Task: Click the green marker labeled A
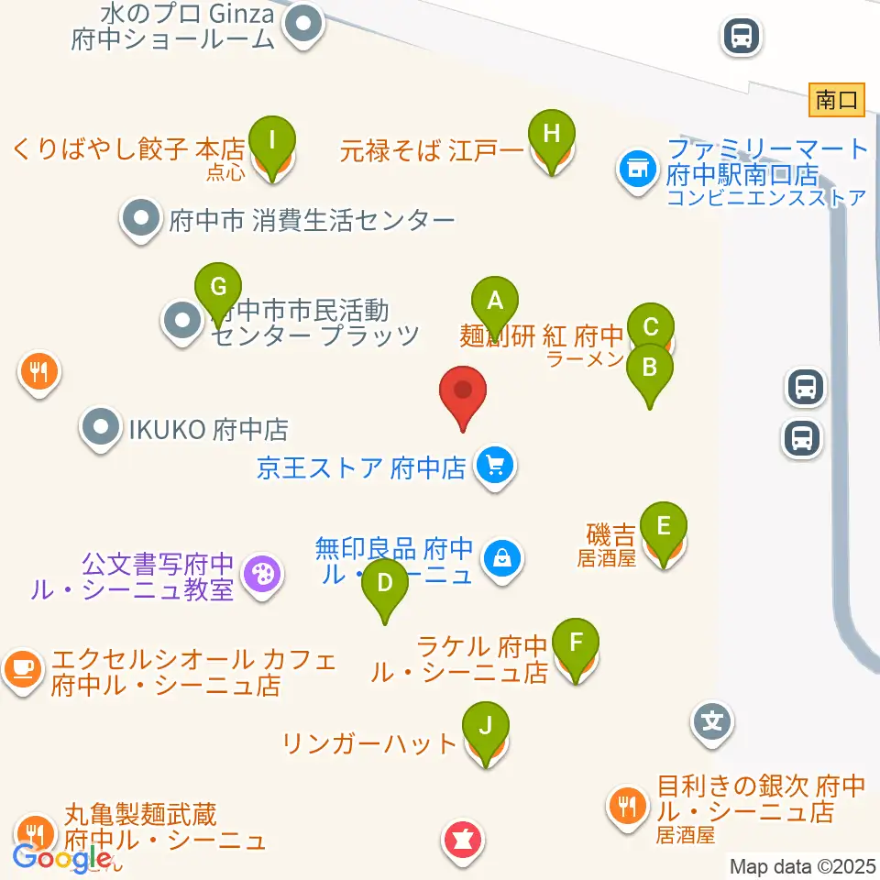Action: (495, 301)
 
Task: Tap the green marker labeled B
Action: (649, 368)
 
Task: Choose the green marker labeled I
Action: (271, 139)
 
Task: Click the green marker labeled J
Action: (486, 727)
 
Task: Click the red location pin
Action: (463, 392)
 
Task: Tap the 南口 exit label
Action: (837, 99)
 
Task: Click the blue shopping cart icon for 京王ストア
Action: (495, 467)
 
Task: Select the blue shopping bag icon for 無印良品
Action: (502, 555)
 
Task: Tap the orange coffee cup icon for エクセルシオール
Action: (23, 668)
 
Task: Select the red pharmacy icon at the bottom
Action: (464, 840)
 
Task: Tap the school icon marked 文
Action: (711, 721)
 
